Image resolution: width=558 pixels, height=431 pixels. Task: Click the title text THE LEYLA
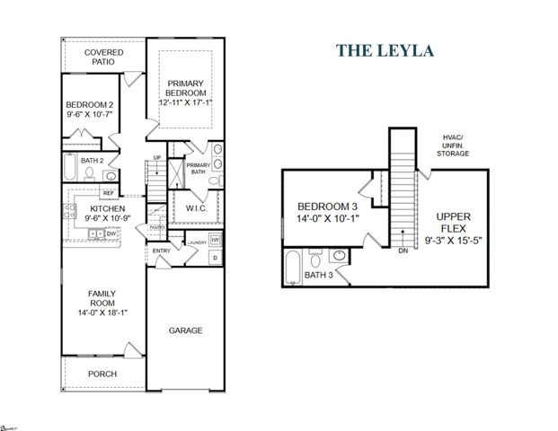point(385,49)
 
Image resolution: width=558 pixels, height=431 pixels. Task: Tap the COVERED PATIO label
point(104,58)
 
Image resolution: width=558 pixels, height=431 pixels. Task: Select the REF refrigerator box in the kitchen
point(108,192)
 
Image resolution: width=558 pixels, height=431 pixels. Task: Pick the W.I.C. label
point(196,208)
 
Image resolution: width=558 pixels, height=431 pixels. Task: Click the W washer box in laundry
point(216,241)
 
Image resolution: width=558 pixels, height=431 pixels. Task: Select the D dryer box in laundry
point(215,259)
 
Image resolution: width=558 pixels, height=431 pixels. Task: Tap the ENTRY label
point(162,251)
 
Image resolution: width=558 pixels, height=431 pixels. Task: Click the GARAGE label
point(186,330)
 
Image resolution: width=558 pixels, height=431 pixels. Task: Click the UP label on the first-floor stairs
point(158,158)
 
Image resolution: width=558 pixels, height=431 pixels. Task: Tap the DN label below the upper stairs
point(403,251)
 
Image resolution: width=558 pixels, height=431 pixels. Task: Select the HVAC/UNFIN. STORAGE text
point(454,145)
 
